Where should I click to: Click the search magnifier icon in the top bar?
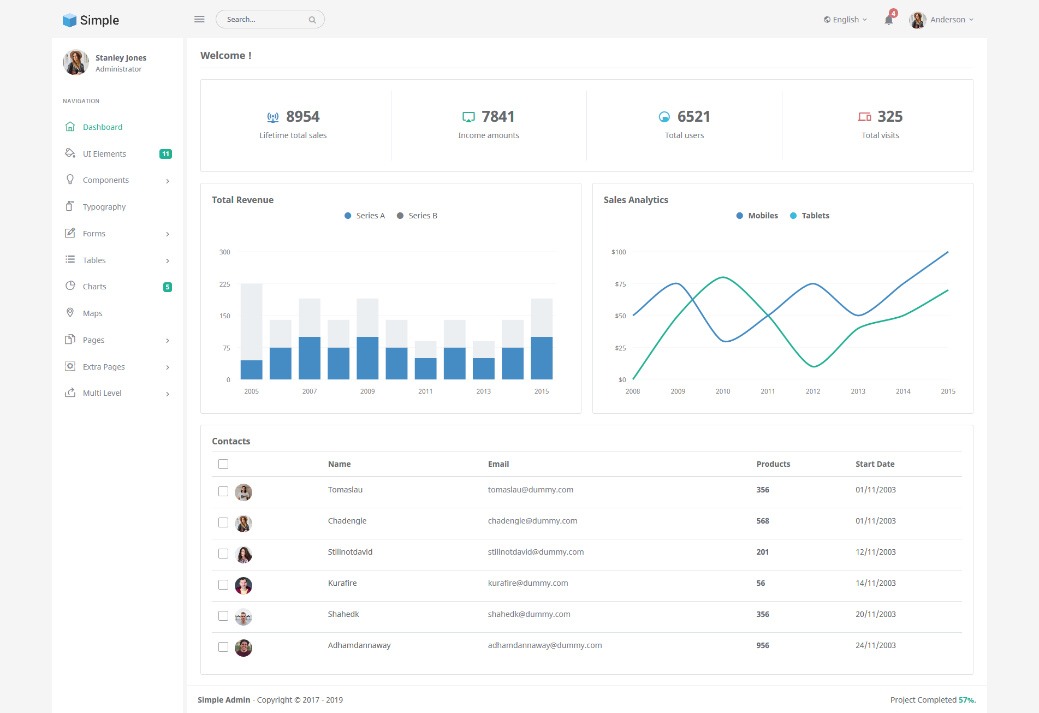(312, 20)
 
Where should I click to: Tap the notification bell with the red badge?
(889, 19)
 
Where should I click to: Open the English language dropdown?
(845, 20)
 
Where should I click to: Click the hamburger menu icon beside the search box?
(199, 19)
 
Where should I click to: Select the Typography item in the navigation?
(104, 207)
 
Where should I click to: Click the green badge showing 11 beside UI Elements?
(165, 154)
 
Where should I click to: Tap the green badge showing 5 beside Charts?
(168, 287)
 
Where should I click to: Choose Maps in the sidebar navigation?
(92, 313)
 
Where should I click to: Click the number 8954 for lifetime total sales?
(303, 116)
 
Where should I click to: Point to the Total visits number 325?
(890, 116)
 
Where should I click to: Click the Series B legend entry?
(417, 216)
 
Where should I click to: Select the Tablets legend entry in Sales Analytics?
(810, 216)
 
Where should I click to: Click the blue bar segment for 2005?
(252, 370)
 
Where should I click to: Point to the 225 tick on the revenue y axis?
(224, 284)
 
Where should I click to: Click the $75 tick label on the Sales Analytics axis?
(620, 284)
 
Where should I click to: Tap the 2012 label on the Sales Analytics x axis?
(813, 391)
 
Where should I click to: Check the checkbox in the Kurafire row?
(223, 585)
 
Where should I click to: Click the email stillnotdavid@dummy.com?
(536, 552)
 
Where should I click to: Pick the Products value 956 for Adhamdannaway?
(763, 645)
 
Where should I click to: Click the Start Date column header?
(875, 464)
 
